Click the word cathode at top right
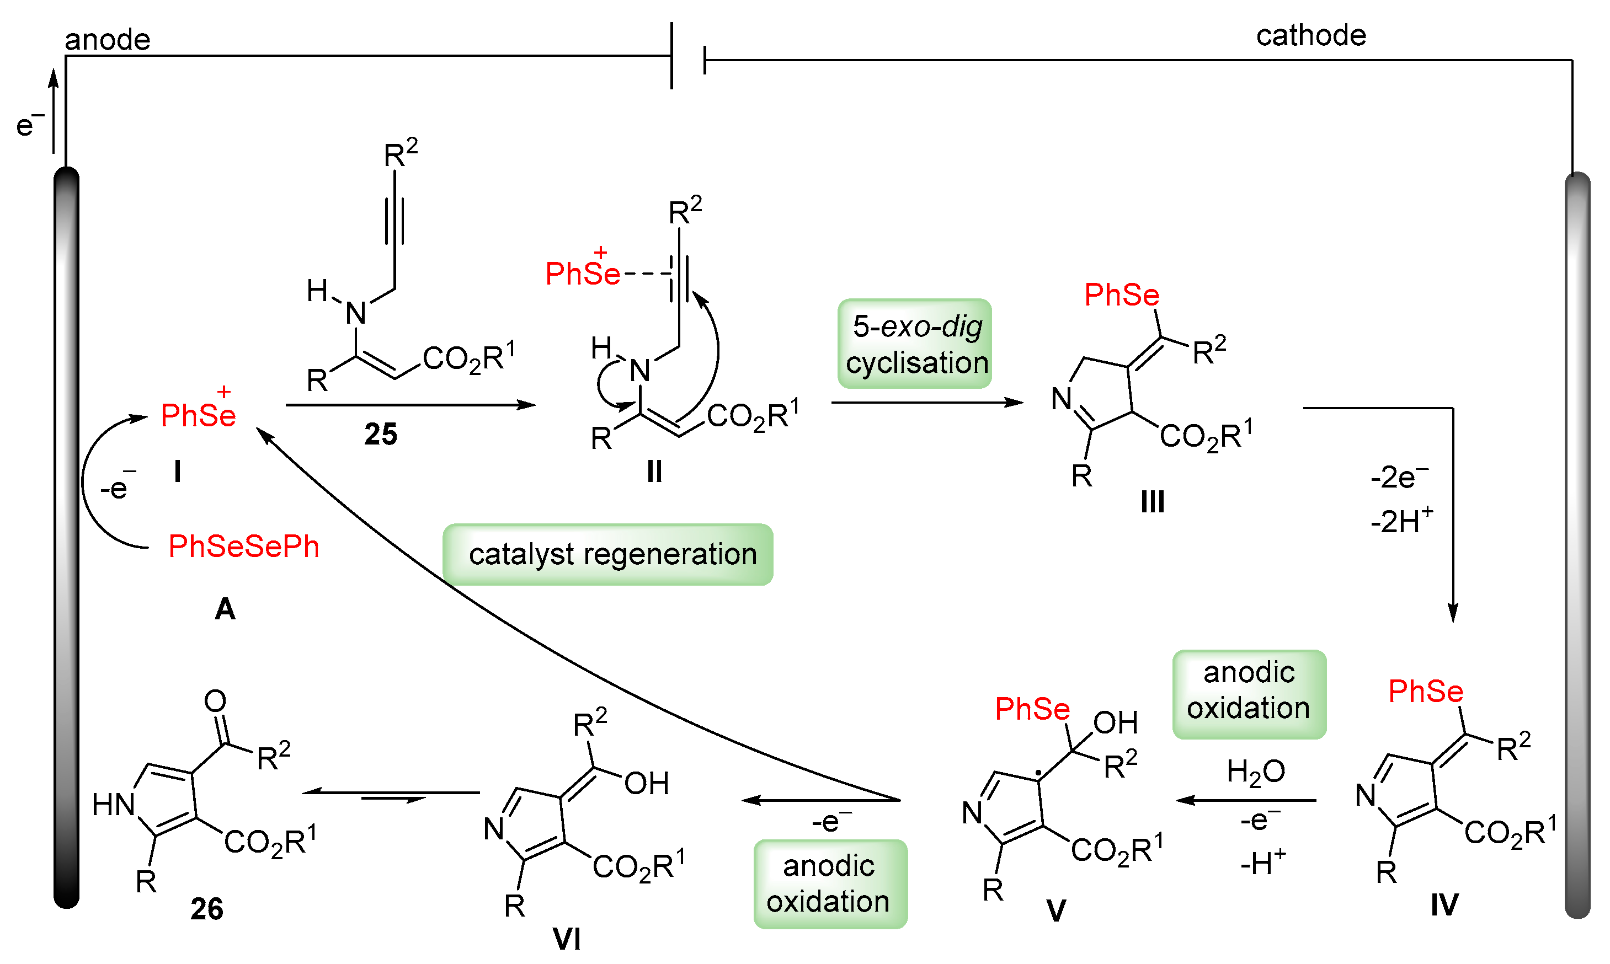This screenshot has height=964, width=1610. pos(1310,35)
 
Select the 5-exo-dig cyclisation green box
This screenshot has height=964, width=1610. pos(914,344)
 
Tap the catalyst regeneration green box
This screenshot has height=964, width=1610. pos(608,554)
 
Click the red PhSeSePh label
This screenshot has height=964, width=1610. pos(244,547)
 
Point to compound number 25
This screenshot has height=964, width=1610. pos(381,434)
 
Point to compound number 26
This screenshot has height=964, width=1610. pos(206,909)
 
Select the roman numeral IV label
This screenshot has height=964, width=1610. pos(1444,904)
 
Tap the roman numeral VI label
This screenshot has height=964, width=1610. pos(567,938)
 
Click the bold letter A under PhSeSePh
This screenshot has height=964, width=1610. pos(225,609)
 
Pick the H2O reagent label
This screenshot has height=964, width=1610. pos(1255,772)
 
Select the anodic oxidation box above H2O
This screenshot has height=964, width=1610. pos(1249,694)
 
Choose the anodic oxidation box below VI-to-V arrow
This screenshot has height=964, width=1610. pos(830,883)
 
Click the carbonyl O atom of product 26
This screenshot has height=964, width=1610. pos(215,700)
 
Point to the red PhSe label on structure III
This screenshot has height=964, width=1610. pos(1121,295)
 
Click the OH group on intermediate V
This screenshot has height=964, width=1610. pos(1115,722)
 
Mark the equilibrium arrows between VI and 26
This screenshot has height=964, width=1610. pos(391,795)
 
